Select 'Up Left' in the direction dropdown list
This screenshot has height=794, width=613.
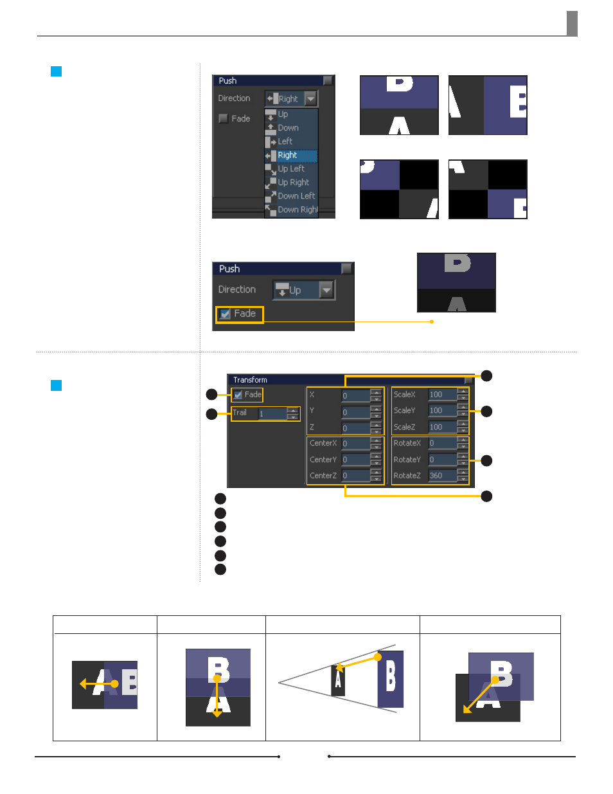[290, 168]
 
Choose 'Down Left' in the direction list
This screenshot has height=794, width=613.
[296, 196]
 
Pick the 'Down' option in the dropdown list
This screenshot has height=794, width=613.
[288, 127]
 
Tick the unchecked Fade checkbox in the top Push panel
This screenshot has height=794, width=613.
[223, 118]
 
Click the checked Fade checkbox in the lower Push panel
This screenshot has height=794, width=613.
[225, 314]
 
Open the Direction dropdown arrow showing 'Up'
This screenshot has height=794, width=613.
[326, 290]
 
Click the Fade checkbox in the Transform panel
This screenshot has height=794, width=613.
[238, 395]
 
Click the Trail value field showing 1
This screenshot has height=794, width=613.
[272, 413]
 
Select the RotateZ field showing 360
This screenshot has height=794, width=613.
[442, 475]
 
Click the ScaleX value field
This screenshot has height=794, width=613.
[442, 394]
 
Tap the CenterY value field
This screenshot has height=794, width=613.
[356, 459]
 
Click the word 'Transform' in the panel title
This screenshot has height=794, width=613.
[250, 380]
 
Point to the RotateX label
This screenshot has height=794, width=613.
[407, 443]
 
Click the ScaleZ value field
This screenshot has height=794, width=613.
[442, 427]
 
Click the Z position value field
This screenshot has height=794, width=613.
[356, 428]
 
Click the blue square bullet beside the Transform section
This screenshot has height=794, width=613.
[57, 385]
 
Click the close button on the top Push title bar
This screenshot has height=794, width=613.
[328, 80]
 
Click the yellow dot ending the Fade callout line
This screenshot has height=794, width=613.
[432, 321]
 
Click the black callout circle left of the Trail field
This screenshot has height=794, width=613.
[212, 414]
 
